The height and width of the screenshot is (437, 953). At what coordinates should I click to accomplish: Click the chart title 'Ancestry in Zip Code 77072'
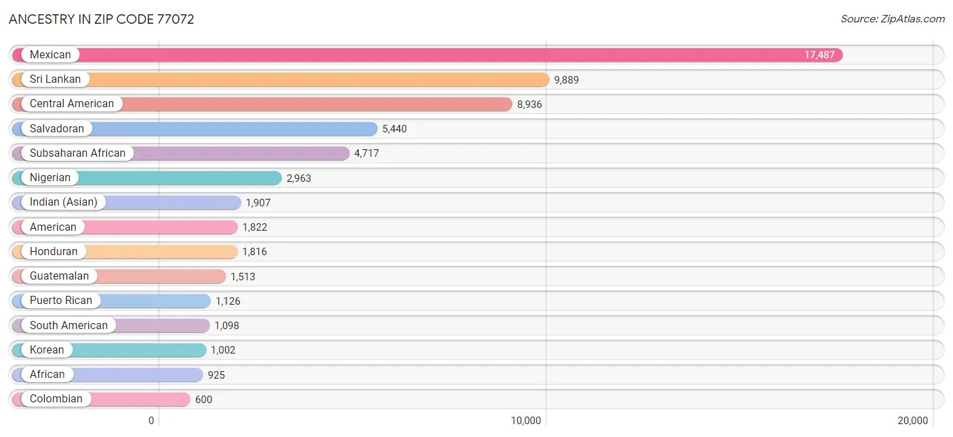coord(102,19)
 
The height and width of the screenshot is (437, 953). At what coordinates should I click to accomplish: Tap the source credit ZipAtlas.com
coord(893,19)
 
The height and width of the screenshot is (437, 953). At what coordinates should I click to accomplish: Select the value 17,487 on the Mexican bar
coord(819,55)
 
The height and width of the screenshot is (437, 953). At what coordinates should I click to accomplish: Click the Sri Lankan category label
coord(55,79)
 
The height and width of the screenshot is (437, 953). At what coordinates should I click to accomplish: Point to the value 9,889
coord(567,80)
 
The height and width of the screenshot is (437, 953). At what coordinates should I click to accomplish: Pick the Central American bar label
coord(72,104)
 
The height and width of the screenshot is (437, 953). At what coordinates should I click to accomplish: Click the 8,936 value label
coord(529,104)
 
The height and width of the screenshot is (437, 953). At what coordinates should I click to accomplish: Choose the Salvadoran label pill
coord(57,128)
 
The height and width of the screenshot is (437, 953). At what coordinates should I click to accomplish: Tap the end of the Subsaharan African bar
coord(348,153)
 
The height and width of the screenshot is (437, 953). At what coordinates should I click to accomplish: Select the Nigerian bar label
coord(50,178)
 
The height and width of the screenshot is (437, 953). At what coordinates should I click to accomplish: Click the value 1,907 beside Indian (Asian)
coord(258,203)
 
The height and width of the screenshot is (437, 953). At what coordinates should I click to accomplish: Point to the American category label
coord(53,227)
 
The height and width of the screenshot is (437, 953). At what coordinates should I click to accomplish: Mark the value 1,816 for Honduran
coord(255,252)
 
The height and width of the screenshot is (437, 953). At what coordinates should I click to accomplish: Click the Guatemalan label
coord(59,276)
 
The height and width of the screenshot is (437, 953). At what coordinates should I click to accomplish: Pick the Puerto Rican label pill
coord(61,301)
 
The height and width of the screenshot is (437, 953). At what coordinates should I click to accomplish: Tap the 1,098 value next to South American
coord(227,326)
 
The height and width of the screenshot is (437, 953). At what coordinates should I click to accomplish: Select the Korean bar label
coord(47,350)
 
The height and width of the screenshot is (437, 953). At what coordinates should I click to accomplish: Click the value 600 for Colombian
coord(204,400)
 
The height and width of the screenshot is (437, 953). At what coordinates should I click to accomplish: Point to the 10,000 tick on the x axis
coord(526,421)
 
